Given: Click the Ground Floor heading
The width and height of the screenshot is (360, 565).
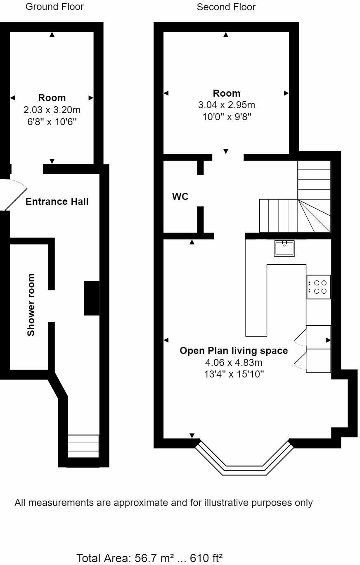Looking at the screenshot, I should click(x=54, y=7).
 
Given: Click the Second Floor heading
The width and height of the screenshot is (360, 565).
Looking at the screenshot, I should click(x=226, y=7).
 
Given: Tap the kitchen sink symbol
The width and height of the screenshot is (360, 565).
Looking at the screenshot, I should click(x=284, y=248).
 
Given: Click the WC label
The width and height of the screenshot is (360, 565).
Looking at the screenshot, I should click(x=180, y=197).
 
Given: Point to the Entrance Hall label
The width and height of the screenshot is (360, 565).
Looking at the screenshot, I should click(x=57, y=202).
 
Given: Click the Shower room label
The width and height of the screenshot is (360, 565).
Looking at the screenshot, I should click(x=31, y=304).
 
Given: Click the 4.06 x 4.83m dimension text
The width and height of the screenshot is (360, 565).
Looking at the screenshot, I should click(x=234, y=363).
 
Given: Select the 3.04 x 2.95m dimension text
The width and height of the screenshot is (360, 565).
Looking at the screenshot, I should click(x=226, y=105).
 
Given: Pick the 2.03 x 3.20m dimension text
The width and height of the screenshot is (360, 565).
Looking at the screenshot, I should click(x=52, y=110).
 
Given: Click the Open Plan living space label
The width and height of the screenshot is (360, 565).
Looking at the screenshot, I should click(x=234, y=351).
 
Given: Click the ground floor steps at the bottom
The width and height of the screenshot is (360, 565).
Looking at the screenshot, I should click(x=83, y=446).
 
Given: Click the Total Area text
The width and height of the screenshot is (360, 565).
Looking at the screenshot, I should click(x=149, y=559).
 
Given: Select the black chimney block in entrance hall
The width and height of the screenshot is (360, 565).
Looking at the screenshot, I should click(x=92, y=298).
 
